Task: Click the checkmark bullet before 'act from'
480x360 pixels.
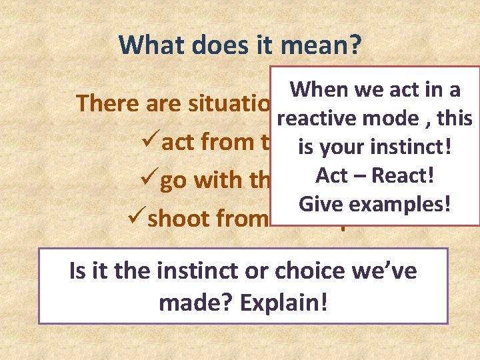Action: (x=151, y=142)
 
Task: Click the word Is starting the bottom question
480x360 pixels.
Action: (x=77, y=272)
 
